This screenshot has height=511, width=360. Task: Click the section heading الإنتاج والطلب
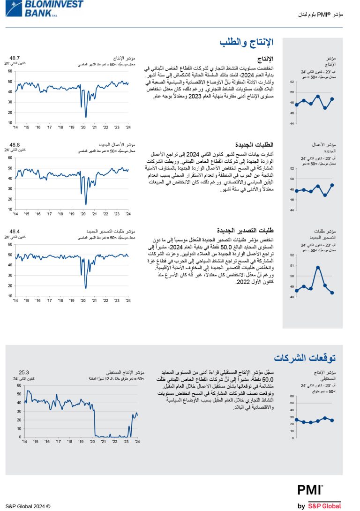click(x=247, y=43)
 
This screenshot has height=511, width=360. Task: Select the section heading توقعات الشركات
click(x=305, y=358)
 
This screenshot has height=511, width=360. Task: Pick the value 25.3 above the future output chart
click(x=24, y=372)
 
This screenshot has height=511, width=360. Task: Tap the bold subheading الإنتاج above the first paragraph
click(x=266, y=59)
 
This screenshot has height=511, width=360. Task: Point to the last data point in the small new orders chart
click(x=332, y=185)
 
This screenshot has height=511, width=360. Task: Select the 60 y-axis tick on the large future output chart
click(x=19, y=386)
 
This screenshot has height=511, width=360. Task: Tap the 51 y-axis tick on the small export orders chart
click(x=292, y=266)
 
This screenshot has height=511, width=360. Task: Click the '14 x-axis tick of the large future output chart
click(x=24, y=442)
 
